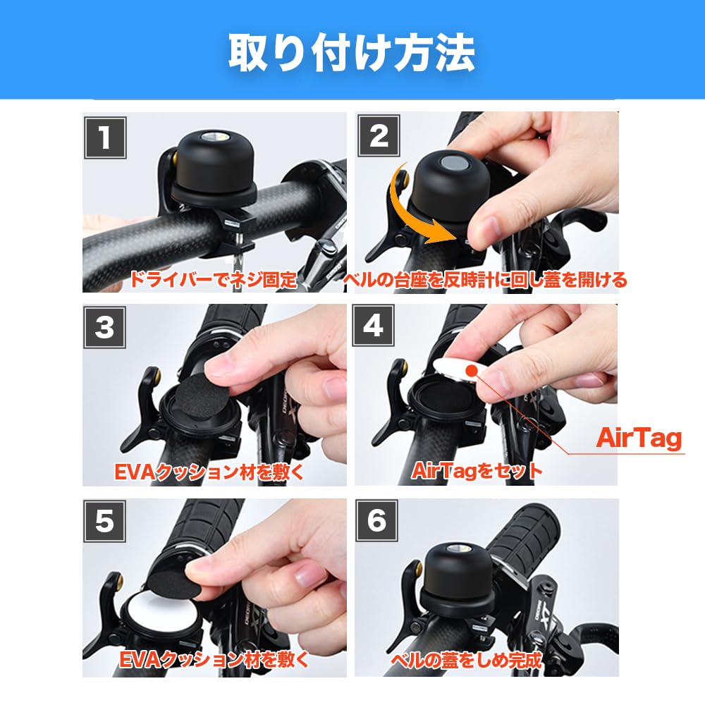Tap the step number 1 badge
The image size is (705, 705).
coord(105,137)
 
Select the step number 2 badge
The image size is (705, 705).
coord(379,135)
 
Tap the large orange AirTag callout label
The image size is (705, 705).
coord(639,438)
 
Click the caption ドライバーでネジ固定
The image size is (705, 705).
coord(212,280)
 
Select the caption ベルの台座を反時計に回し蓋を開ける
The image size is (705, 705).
coord(485,280)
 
